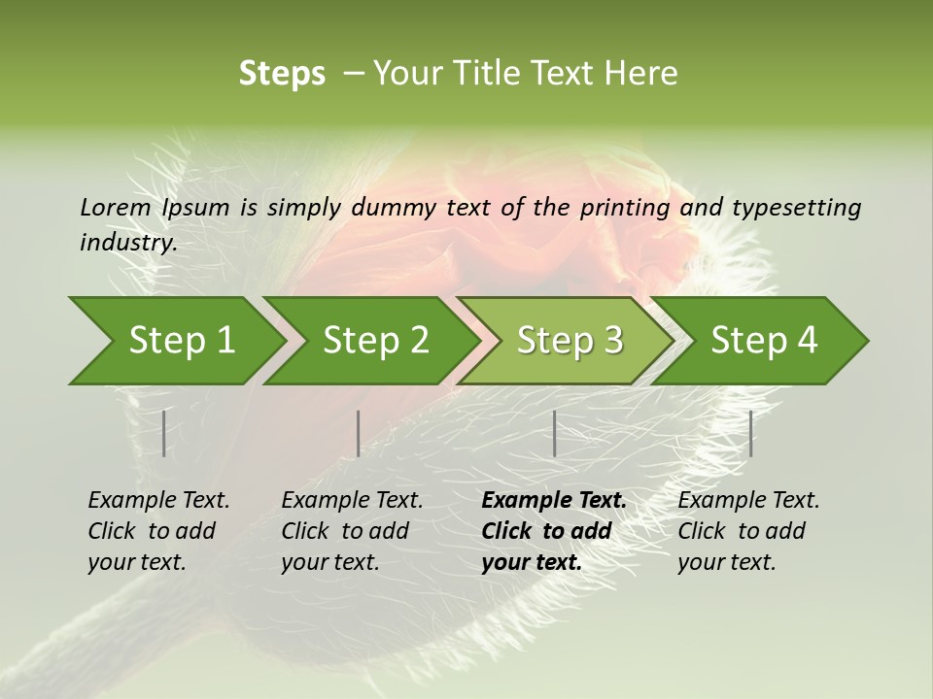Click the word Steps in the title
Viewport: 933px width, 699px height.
(282, 74)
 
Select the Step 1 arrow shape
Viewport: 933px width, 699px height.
(181, 341)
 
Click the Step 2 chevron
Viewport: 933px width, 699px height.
(375, 341)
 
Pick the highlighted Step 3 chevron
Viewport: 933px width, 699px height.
(570, 341)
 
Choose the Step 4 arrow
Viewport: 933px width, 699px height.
(764, 341)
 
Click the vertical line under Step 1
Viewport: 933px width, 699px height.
(164, 433)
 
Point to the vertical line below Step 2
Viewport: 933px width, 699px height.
(359, 433)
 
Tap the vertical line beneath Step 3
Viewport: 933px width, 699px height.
(554, 433)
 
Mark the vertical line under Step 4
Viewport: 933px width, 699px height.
(750, 433)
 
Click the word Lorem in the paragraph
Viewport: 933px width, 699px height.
(115, 207)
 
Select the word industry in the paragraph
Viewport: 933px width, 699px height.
(127, 242)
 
